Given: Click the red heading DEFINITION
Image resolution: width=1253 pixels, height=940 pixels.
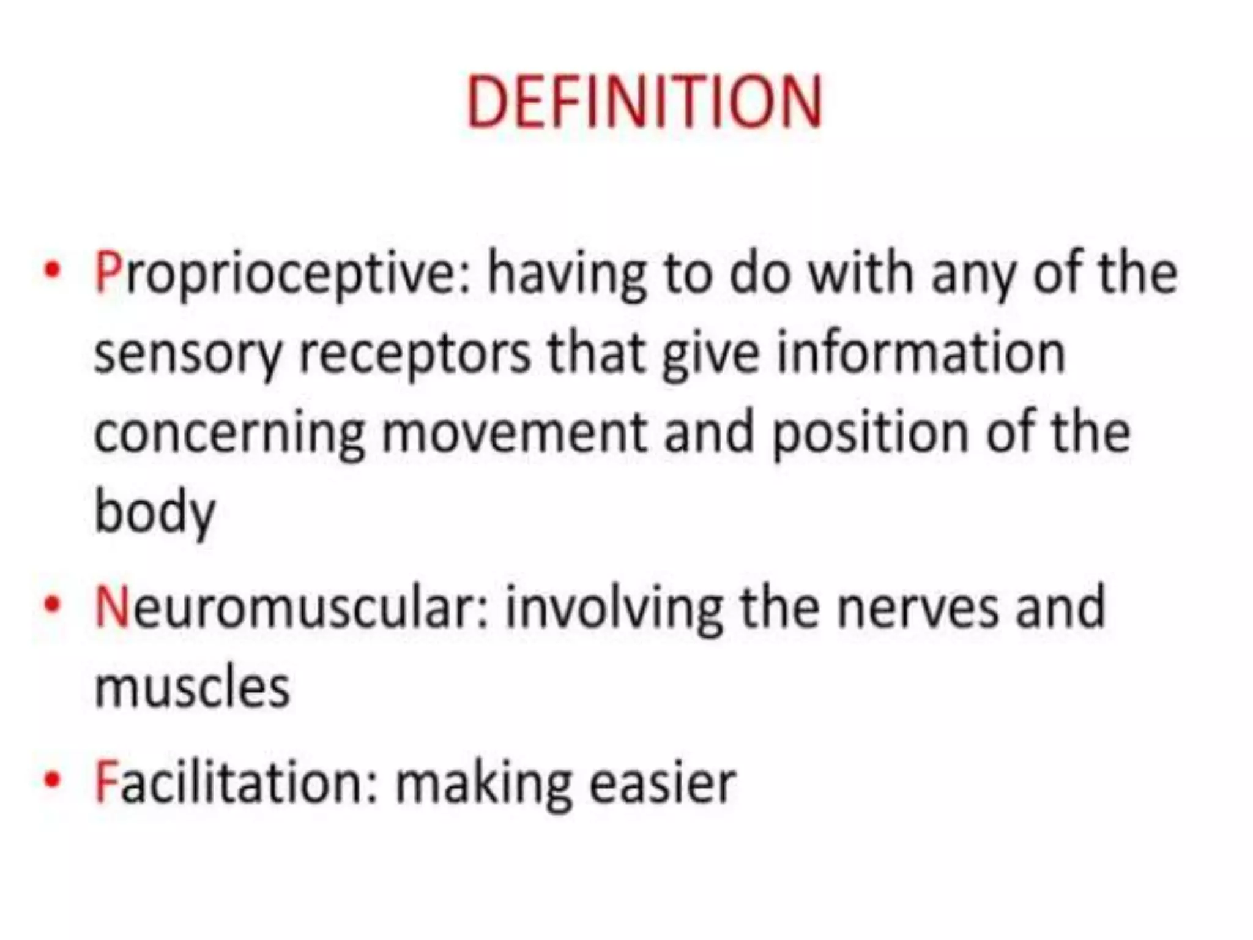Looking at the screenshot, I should click(x=644, y=103).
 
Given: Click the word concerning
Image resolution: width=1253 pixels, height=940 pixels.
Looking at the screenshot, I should click(x=229, y=434).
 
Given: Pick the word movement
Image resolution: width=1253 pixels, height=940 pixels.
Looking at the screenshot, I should click(x=514, y=433).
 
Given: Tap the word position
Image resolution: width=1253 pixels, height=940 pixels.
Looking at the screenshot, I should click(x=869, y=434).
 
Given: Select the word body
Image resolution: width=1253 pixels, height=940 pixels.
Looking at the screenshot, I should click(x=155, y=513).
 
